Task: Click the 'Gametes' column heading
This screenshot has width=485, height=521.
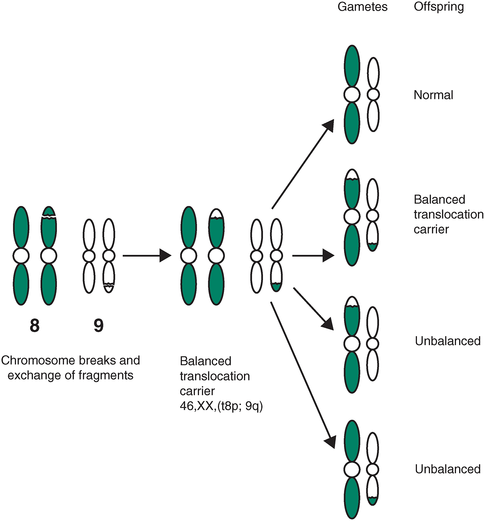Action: coord(362,7)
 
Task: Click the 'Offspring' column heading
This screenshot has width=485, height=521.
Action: coord(439,7)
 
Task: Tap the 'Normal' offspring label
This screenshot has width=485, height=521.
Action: coord(433,95)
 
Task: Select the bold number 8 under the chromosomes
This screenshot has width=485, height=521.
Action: coord(35,326)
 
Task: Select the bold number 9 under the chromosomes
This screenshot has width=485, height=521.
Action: coord(99,326)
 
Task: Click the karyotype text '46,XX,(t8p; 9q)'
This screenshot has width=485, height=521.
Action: coord(221,406)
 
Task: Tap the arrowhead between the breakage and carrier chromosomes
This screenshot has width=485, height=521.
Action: coord(165,256)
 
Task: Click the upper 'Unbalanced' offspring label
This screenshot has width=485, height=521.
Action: coord(447,341)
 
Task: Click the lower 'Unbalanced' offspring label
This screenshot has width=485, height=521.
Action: coord(447,469)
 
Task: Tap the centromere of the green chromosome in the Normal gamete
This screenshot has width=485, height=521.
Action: coord(352,95)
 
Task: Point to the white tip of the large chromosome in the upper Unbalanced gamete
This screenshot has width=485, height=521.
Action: coord(352,302)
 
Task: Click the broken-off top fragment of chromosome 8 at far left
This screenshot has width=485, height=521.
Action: coord(49,211)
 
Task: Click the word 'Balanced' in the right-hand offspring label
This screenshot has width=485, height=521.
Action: coord(439,200)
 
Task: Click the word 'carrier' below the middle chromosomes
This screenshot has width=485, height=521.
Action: coord(197,391)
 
